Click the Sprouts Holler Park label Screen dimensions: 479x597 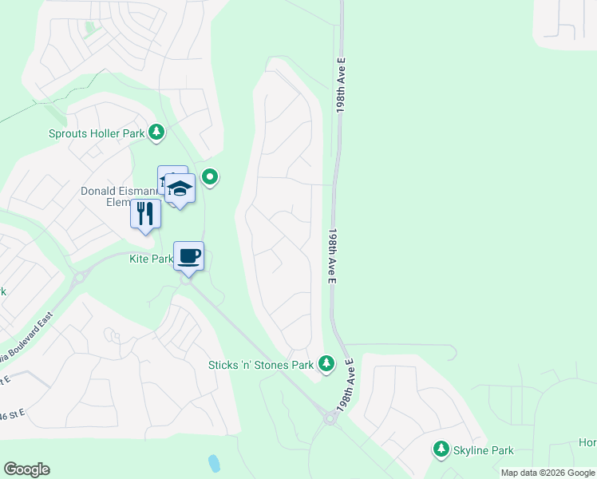(97, 133)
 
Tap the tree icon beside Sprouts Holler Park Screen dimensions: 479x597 (158, 133)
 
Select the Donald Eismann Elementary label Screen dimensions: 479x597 (120, 196)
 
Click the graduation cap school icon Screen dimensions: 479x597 (180, 189)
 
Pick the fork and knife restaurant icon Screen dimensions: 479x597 (145, 214)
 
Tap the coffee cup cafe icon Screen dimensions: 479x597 (189, 256)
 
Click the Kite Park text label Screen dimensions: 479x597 (151, 259)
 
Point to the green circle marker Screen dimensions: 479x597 (210, 176)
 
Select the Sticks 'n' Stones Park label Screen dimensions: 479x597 (260, 365)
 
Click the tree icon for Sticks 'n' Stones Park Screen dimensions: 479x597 (326, 364)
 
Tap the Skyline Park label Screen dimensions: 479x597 (484, 450)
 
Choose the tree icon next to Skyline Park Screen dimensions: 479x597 (441, 449)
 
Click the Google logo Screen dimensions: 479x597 (26, 469)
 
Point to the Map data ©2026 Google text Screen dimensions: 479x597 (547, 473)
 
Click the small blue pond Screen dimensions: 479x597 (213, 463)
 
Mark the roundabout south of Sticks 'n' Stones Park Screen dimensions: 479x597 (329, 418)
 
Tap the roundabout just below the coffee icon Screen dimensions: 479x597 (187, 277)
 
